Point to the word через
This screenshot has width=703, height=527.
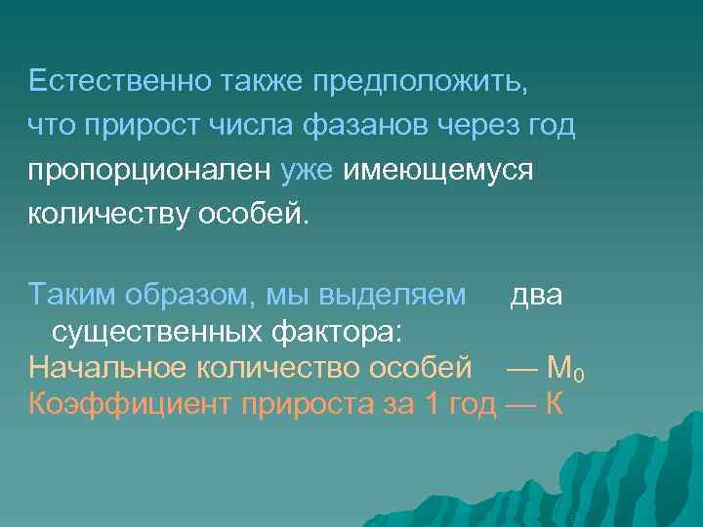(473, 126)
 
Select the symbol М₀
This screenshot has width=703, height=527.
(566, 368)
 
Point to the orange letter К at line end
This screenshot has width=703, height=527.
(553, 402)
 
